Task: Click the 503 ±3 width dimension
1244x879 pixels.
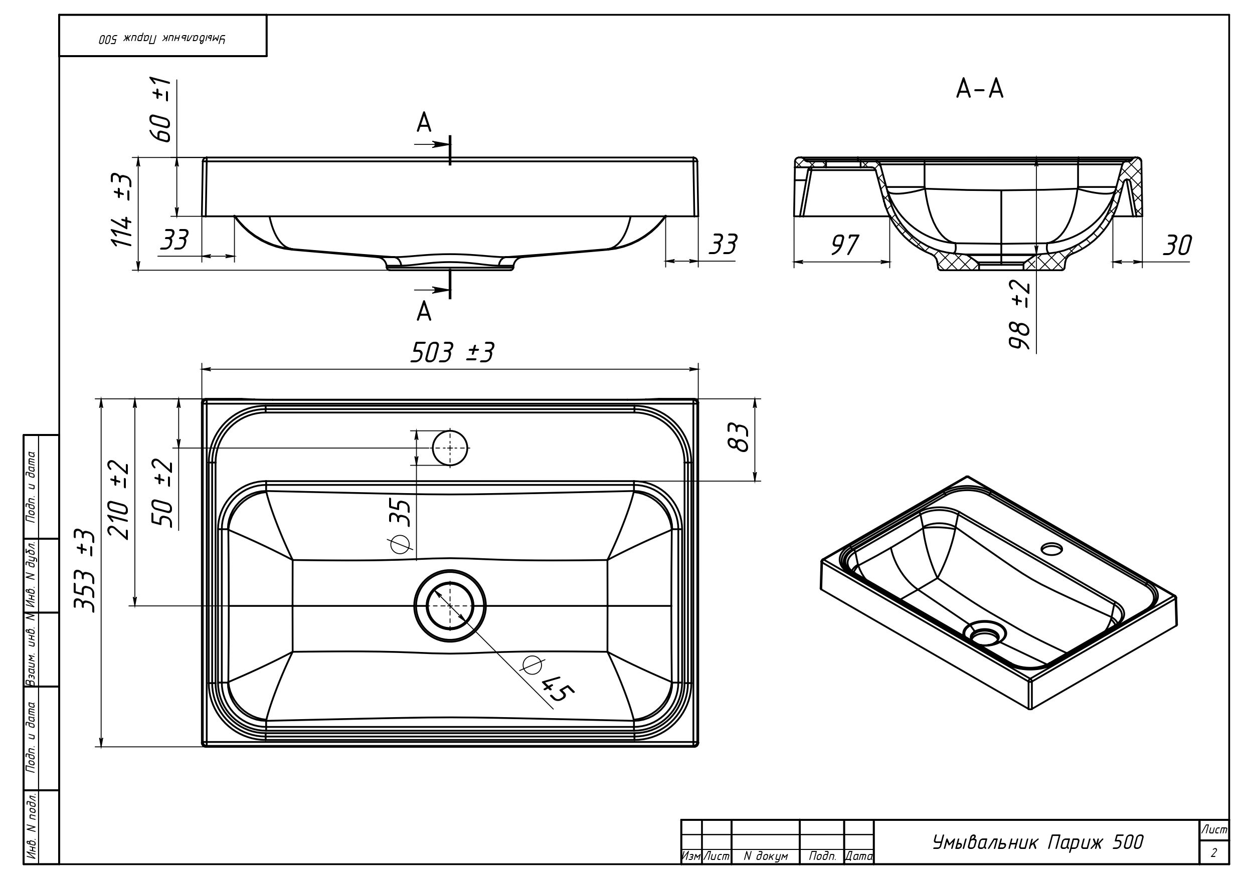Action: [x=452, y=353]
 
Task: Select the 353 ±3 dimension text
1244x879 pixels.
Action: [x=86, y=571]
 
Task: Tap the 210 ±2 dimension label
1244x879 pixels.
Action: [x=119, y=500]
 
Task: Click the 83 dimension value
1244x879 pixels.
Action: [x=738, y=437]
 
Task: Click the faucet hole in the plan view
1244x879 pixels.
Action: [x=450, y=448]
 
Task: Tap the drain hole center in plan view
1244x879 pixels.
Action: [x=450, y=605]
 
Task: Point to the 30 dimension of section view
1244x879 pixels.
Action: [x=1177, y=246]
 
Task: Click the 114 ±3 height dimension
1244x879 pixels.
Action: [x=122, y=210]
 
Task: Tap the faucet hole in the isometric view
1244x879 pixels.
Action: [x=1052, y=549]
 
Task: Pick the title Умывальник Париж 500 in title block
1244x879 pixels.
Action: [x=1037, y=842]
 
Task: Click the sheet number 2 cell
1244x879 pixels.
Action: [x=1213, y=853]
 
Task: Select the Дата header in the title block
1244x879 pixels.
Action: [x=859, y=856]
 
